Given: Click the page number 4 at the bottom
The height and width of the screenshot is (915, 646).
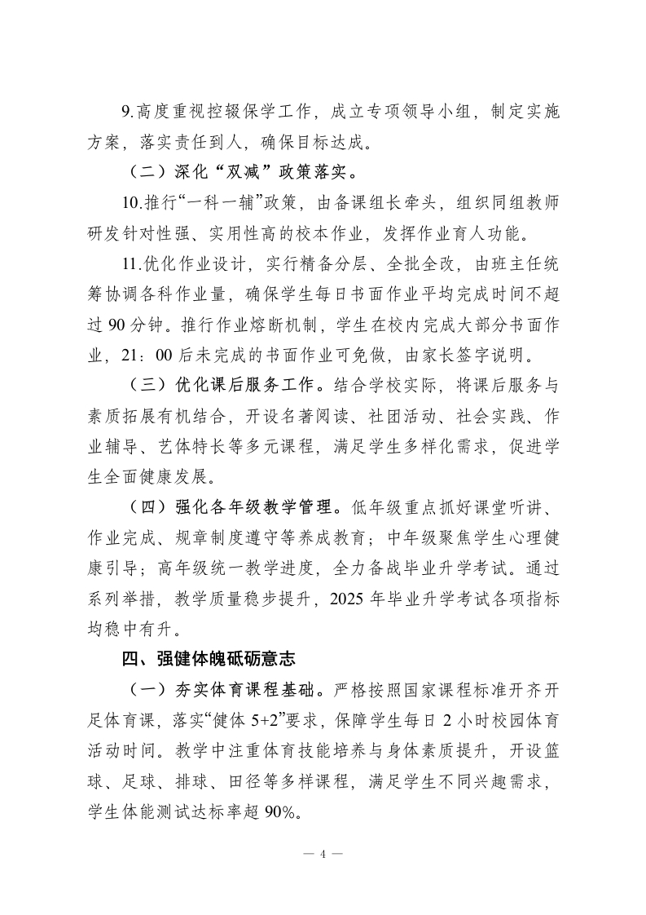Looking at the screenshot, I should pyautogui.click(x=323, y=854).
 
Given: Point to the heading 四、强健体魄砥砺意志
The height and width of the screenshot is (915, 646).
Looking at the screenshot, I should pyautogui.click(x=201, y=658).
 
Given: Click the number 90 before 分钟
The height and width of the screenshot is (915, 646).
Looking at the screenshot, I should pyautogui.click(x=119, y=326).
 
